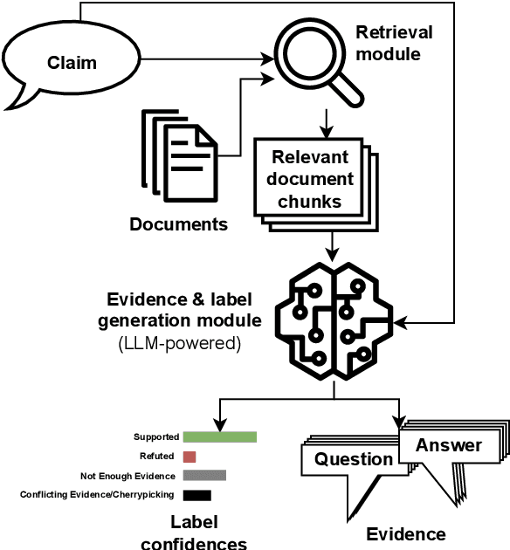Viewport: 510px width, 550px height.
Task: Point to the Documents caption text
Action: [x=178, y=224]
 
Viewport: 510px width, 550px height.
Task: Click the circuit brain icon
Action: [x=333, y=323]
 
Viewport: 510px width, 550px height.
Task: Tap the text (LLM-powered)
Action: [x=179, y=343]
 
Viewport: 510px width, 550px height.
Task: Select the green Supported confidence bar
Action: [x=219, y=437]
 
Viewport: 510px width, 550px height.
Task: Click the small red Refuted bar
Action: [x=190, y=457]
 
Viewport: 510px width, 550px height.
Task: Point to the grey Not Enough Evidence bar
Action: [x=204, y=476]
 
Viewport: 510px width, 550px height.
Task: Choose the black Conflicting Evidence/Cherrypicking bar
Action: [x=196, y=495]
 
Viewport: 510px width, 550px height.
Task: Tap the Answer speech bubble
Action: [x=448, y=445]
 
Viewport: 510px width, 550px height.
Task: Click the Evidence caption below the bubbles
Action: [x=405, y=533]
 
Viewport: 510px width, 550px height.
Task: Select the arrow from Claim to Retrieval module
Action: [x=205, y=60]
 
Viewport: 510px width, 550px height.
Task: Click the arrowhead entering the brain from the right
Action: [x=403, y=323]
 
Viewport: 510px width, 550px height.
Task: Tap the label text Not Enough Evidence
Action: [x=127, y=476]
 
